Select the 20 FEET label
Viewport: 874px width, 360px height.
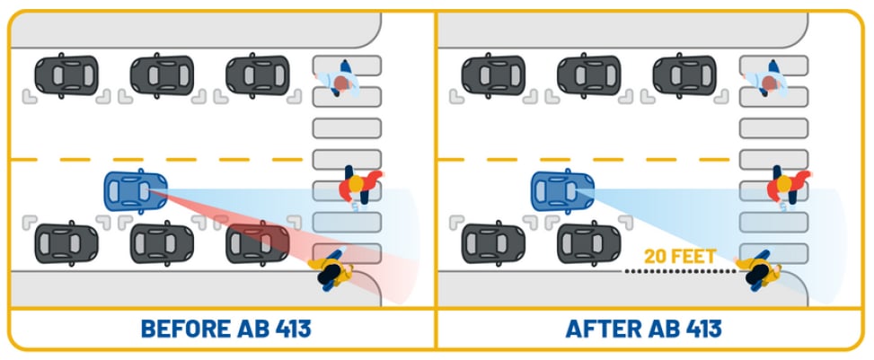click(x=681, y=257)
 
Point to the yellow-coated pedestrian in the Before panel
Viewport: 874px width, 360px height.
click(x=331, y=269)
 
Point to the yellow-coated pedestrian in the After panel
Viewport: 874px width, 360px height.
click(x=758, y=269)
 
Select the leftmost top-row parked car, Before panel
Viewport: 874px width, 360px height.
click(x=66, y=75)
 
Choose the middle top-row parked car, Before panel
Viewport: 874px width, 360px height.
click(x=162, y=75)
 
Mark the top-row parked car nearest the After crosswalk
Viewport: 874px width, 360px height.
click(x=684, y=75)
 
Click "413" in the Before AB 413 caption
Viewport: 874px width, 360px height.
click(x=284, y=329)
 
